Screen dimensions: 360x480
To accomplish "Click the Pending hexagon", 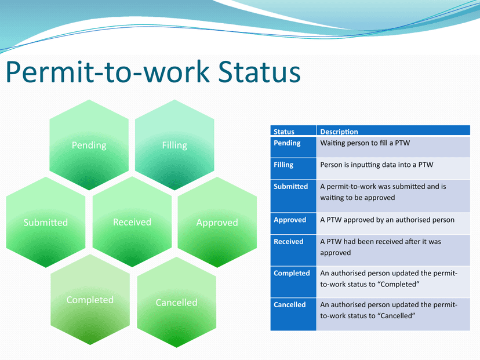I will coord(89,145).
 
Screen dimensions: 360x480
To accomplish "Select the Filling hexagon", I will coord(174,145).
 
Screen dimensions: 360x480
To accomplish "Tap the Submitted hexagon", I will coord(46,222).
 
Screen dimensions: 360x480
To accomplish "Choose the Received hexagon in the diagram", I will coord(132,222).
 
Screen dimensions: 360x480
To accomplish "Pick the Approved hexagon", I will coord(217,222).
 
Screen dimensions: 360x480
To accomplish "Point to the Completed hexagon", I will coord(90,300).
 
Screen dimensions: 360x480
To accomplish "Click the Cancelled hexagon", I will coord(176,302).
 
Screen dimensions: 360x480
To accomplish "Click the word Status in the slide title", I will coord(259,72).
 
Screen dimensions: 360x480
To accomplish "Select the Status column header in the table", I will coord(284,132).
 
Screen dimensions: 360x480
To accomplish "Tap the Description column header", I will coord(339,132).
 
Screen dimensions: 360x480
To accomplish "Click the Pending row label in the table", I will coord(287,143).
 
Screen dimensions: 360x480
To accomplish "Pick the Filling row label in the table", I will coord(283,165).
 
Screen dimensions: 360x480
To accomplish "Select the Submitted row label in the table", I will coord(290,187).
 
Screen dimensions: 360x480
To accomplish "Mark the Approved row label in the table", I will coord(289,220).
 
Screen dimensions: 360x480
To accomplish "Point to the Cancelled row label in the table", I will coord(289,304).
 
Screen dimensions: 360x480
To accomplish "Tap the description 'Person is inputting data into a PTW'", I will coord(376,165).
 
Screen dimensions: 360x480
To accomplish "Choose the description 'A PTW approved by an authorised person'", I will coord(387,220).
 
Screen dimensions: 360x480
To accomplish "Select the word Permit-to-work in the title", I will coord(107,72).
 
